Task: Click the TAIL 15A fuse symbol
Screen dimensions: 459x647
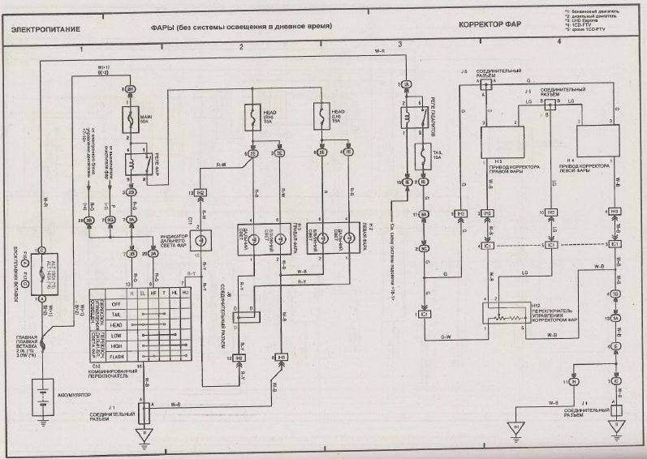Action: pyautogui.click(x=423, y=152)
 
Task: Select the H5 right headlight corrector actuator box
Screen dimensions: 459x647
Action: pyautogui.click(x=503, y=141)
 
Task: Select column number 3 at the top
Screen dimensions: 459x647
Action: pyautogui.click(x=399, y=43)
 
